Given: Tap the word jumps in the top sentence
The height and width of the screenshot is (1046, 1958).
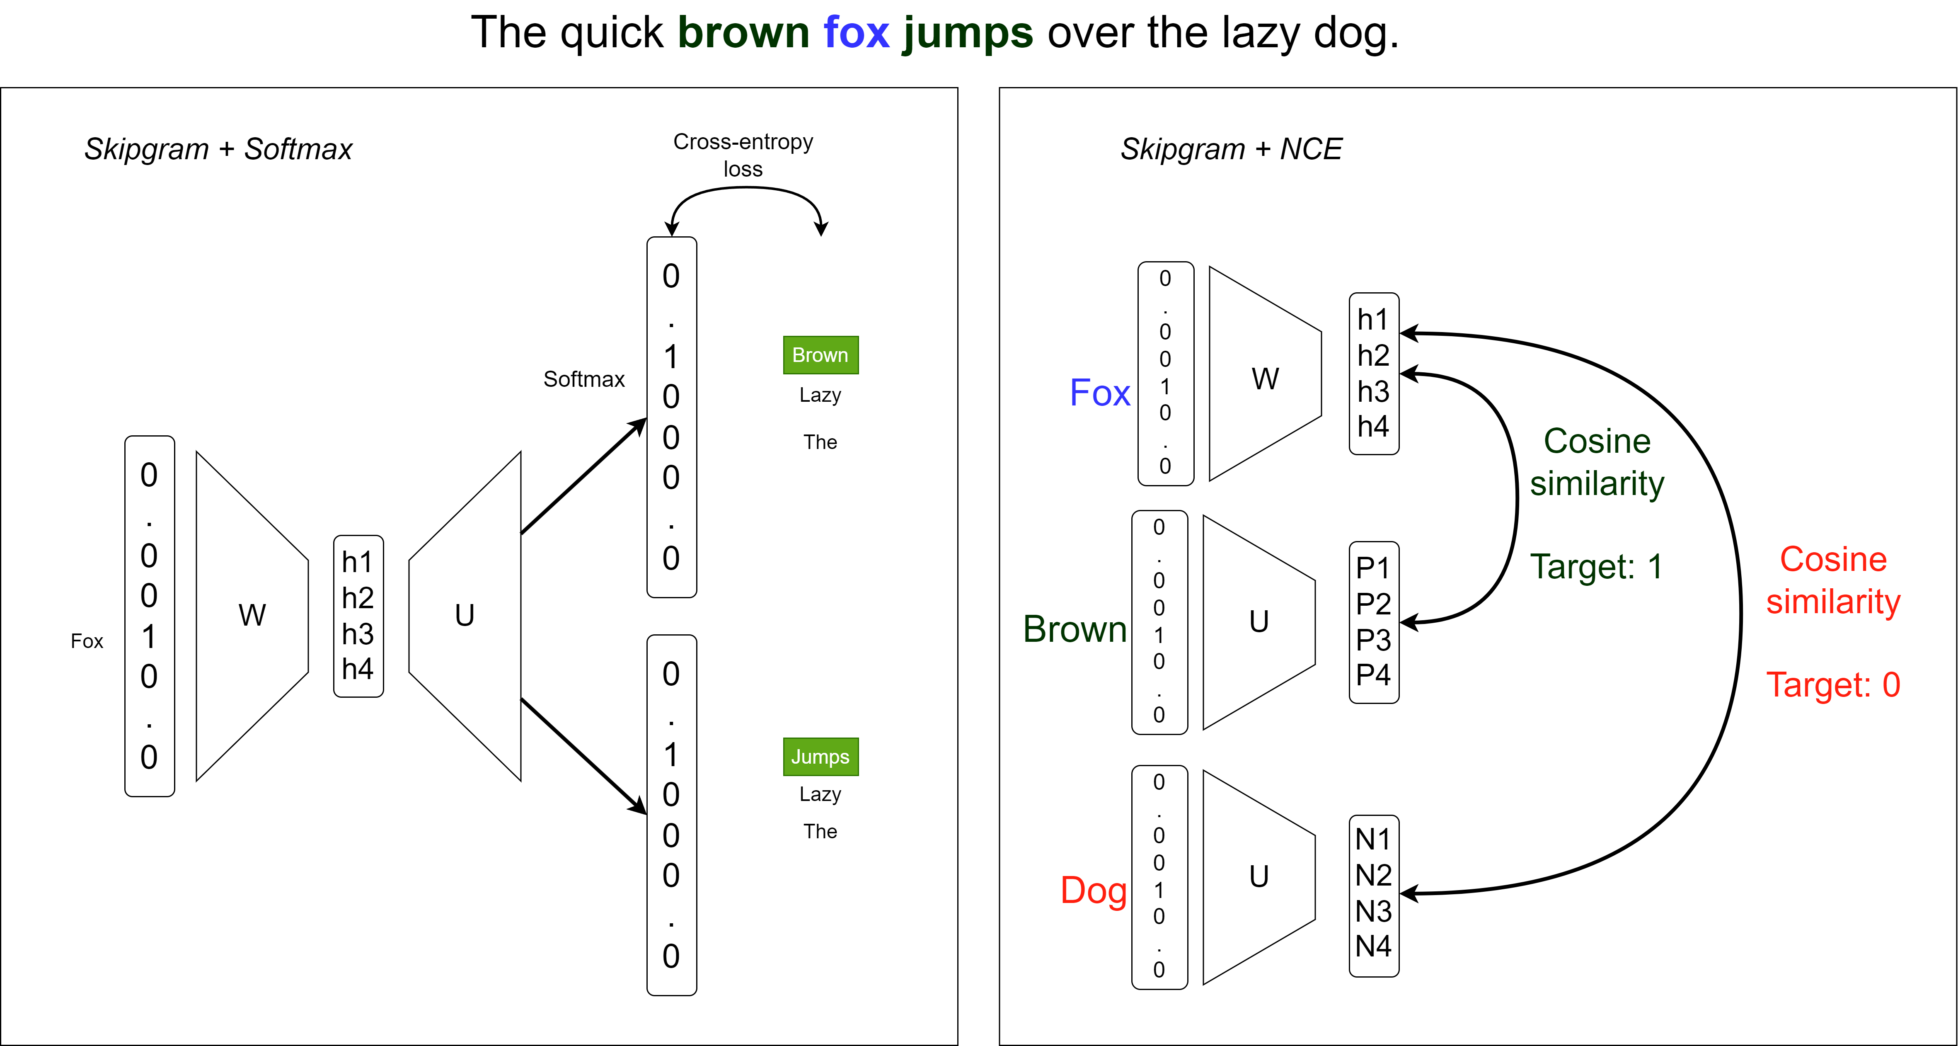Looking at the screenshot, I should coord(968,35).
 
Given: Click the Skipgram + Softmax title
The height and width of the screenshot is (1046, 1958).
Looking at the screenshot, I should coord(218,149).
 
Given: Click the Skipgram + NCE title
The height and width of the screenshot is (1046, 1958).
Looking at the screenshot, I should coord(1231,149).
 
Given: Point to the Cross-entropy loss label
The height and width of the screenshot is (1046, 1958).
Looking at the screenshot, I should coord(743,155).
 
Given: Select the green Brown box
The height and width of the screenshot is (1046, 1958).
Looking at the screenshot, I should coord(820,355).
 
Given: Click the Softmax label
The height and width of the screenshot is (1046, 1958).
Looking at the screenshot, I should coord(584,379).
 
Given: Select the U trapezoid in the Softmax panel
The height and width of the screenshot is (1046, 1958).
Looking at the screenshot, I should coord(465,616).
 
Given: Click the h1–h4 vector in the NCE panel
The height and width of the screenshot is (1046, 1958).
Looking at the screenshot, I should coord(1373,373).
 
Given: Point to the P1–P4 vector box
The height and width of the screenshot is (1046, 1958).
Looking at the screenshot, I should coord(1373,622).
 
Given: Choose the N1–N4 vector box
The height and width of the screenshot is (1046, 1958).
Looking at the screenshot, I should coord(1373,895).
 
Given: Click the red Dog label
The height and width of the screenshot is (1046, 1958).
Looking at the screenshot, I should coord(1093,890).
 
